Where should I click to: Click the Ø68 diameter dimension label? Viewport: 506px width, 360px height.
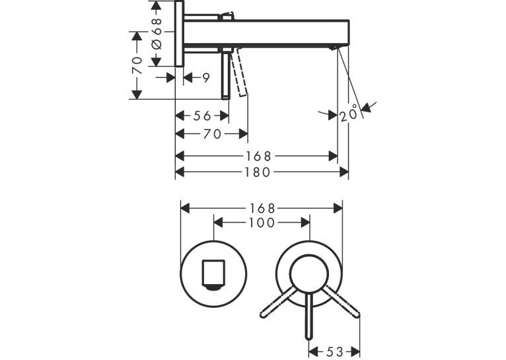(x=157, y=34)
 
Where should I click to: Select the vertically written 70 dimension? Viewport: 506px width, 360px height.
(x=137, y=65)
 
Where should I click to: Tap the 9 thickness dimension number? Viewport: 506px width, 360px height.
(x=206, y=78)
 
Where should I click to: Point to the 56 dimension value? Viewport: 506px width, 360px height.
(x=202, y=116)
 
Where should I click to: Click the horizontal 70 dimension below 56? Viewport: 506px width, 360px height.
(x=212, y=134)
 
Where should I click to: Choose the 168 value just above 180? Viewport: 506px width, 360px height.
(x=259, y=157)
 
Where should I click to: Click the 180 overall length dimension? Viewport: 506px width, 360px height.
(x=258, y=172)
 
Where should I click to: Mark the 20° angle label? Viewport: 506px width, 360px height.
(x=349, y=113)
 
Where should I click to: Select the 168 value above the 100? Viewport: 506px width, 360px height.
(x=262, y=208)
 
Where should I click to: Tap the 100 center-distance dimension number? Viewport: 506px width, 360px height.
(x=262, y=223)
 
